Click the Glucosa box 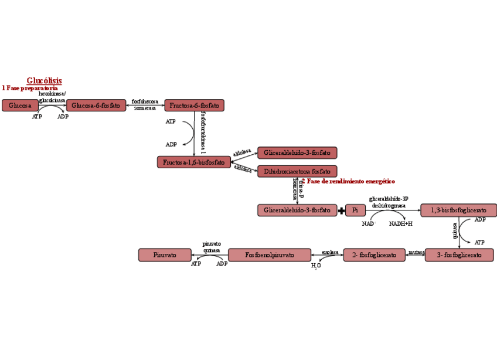(x=20, y=106)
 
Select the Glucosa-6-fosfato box (x=96, y=106)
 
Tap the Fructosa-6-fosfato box (x=194, y=106)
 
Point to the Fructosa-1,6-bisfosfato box (x=193, y=162)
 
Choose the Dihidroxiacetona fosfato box (x=297, y=171)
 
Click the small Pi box (x=355, y=210)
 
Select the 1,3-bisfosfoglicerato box (x=458, y=210)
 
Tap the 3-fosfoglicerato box (x=459, y=255)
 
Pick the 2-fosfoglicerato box (x=374, y=255)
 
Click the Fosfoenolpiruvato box (x=270, y=255)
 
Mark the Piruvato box (x=165, y=255)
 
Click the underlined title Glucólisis (x=44, y=81)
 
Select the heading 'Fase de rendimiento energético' (x=350, y=181)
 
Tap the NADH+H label (x=401, y=223)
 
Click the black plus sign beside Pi (x=342, y=210)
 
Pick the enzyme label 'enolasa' (x=330, y=252)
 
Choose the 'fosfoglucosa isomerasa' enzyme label (x=145, y=104)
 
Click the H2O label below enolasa (x=316, y=266)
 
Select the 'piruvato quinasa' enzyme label (x=212, y=247)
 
